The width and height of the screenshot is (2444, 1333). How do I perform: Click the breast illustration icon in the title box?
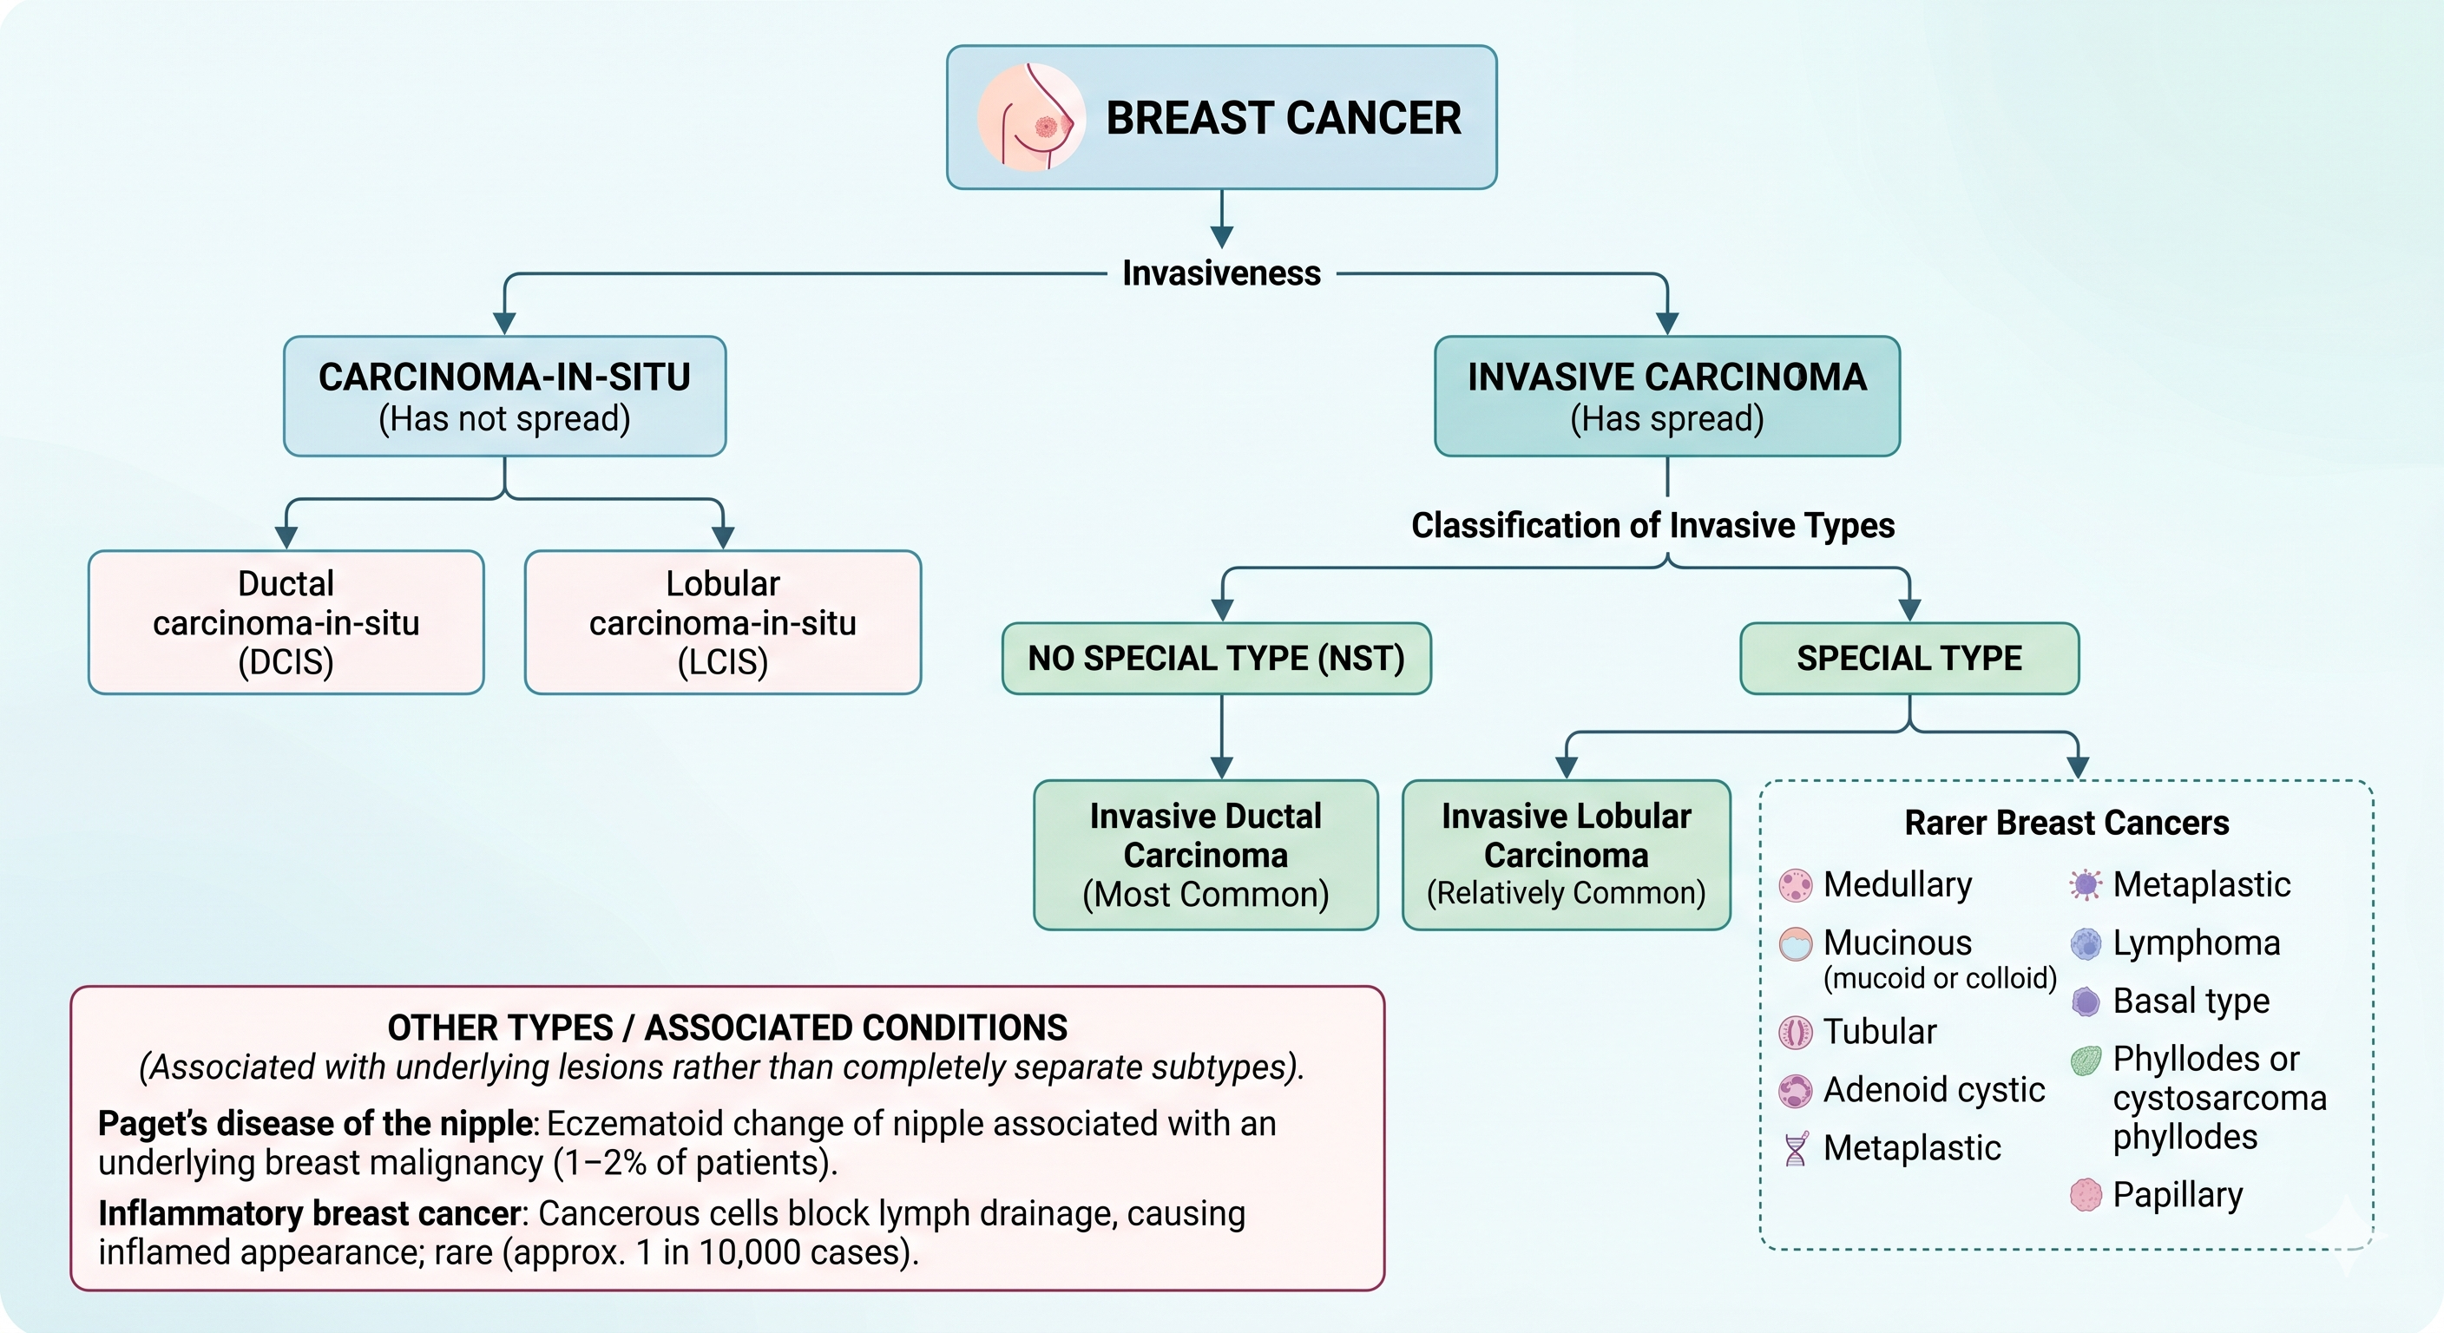coord(1031,118)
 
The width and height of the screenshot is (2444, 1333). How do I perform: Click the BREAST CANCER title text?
coord(1284,119)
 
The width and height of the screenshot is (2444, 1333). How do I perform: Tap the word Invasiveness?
coord(1221,273)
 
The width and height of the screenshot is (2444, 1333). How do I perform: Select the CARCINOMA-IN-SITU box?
coord(505,397)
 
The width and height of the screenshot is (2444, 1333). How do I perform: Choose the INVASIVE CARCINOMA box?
coord(1667,397)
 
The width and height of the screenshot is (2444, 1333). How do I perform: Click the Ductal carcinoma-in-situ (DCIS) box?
coord(286,622)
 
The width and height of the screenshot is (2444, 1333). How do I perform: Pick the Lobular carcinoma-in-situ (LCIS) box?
coord(723,622)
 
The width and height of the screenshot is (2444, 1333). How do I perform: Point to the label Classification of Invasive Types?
coord(1652,526)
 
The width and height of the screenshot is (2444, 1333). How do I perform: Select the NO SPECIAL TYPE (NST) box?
coord(1216,659)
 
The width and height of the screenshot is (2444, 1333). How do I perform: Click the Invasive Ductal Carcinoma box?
coord(1206,855)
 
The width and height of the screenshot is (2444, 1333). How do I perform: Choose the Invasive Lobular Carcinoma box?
coord(1567,855)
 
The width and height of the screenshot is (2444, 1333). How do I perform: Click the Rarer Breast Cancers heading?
coord(2066,823)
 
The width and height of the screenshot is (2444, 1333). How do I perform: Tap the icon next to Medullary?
coord(1795,885)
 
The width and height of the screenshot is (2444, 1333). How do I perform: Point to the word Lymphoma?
coord(2197,943)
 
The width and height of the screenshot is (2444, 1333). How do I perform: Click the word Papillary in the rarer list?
coord(2178,1195)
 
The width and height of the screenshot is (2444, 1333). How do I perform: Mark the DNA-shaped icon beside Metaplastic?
coord(1795,1149)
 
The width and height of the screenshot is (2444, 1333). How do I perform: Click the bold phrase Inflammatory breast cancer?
coord(310,1213)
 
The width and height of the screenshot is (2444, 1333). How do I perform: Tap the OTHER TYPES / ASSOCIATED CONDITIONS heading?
coord(727,1028)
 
